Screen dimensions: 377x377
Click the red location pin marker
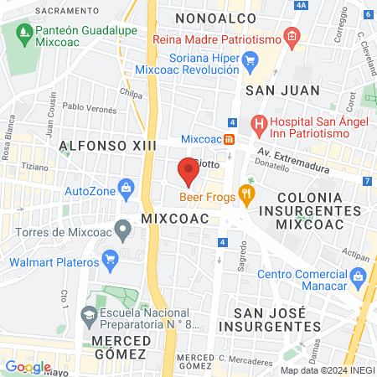[x=188, y=172]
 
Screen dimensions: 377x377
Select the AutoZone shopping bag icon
[x=126, y=185]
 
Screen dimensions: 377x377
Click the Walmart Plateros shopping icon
[x=108, y=259]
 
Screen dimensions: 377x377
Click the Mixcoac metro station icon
[x=229, y=139]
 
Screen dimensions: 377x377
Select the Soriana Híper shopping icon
[x=249, y=59]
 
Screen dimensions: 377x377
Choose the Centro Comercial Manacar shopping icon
[x=358, y=276]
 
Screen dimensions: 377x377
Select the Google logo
[x=28, y=366]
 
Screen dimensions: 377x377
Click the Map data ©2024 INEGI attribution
[x=326, y=370]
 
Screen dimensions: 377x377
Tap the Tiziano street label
[x=31, y=166]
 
